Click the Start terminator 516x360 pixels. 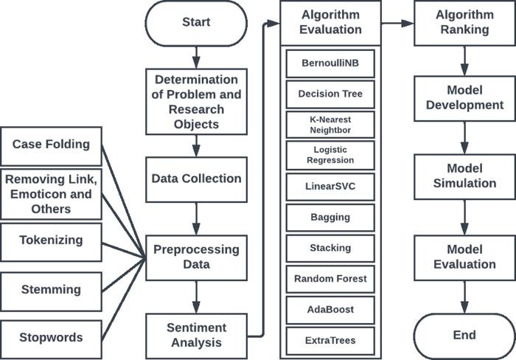click(196, 22)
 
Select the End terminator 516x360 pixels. click(464, 336)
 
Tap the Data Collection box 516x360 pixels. click(196, 179)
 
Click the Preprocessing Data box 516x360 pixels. click(196, 257)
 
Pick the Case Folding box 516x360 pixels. click(51, 145)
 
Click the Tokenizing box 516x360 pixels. click(51, 240)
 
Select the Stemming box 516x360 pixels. click(51, 290)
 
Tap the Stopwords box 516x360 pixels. click(51, 337)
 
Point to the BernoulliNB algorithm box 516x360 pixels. click(331, 63)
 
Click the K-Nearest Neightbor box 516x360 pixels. click(331, 124)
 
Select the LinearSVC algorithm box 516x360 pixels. click(331, 186)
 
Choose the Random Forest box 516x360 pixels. click(331, 279)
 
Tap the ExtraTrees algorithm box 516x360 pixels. click(331, 340)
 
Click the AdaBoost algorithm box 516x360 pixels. click(331, 310)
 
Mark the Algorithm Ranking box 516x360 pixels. click(464, 22)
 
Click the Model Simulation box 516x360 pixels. click(464, 175)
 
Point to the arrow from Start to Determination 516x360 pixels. click(196, 56)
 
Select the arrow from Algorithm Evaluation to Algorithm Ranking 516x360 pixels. click(397, 24)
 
